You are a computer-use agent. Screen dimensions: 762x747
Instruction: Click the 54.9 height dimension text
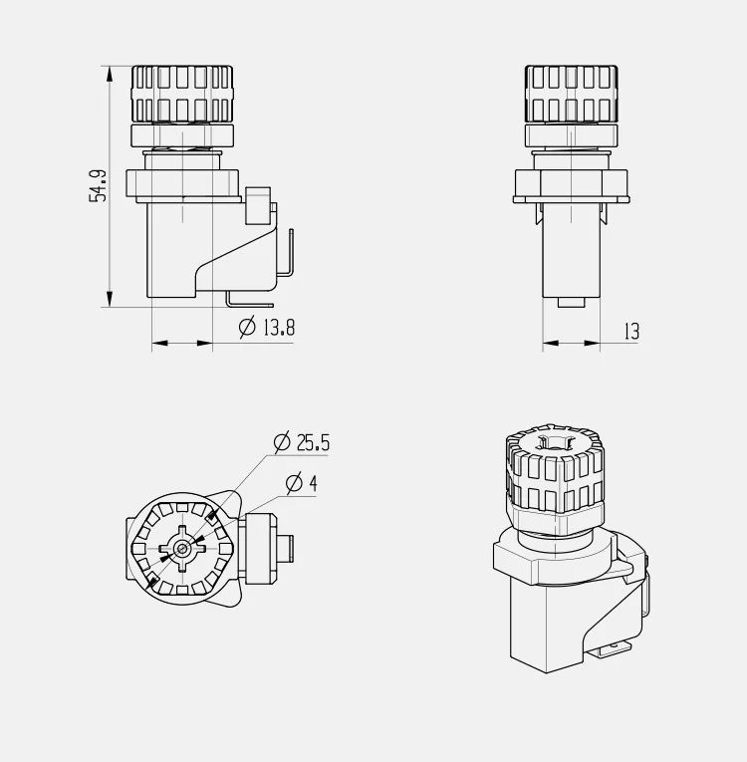click(98, 186)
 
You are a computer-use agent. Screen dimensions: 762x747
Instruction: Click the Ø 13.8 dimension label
click(268, 327)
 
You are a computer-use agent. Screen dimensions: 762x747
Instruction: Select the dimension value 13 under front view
click(631, 332)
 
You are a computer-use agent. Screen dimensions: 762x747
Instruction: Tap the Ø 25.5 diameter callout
click(302, 441)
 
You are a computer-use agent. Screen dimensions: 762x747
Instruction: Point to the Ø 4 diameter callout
click(301, 484)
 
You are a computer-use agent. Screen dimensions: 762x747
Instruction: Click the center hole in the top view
click(181, 548)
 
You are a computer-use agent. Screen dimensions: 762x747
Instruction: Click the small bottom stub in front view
click(572, 302)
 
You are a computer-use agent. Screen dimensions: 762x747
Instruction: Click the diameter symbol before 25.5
click(280, 441)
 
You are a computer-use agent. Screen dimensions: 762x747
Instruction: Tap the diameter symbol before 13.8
click(248, 327)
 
